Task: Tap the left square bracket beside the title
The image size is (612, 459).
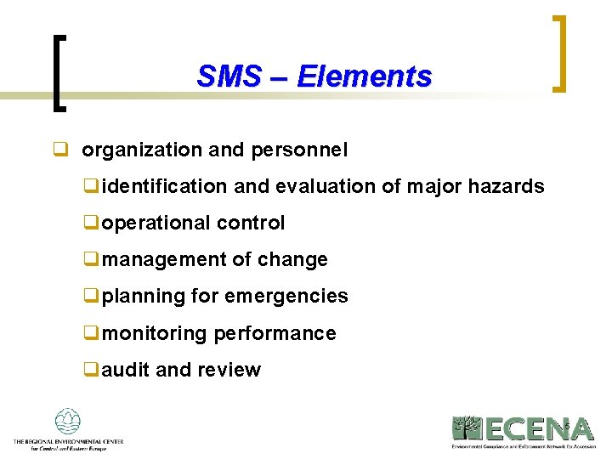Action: [x=58, y=72]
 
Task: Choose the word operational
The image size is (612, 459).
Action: [x=156, y=224]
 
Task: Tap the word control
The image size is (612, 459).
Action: [x=251, y=224]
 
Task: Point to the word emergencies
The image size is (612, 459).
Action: [x=286, y=297]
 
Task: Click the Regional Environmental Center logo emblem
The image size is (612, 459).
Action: [x=67, y=422]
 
